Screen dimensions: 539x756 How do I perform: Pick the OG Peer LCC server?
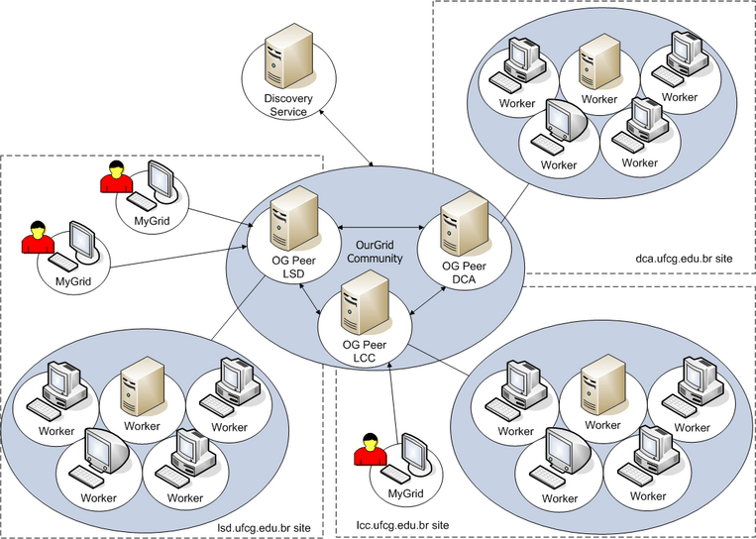click(x=361, y=308)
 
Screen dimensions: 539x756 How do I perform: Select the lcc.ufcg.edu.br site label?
click(x=402, y=523)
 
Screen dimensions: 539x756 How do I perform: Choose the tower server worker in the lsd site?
click(x=140, y=386)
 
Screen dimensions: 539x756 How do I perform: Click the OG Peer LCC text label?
click(x=364, y=351)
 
